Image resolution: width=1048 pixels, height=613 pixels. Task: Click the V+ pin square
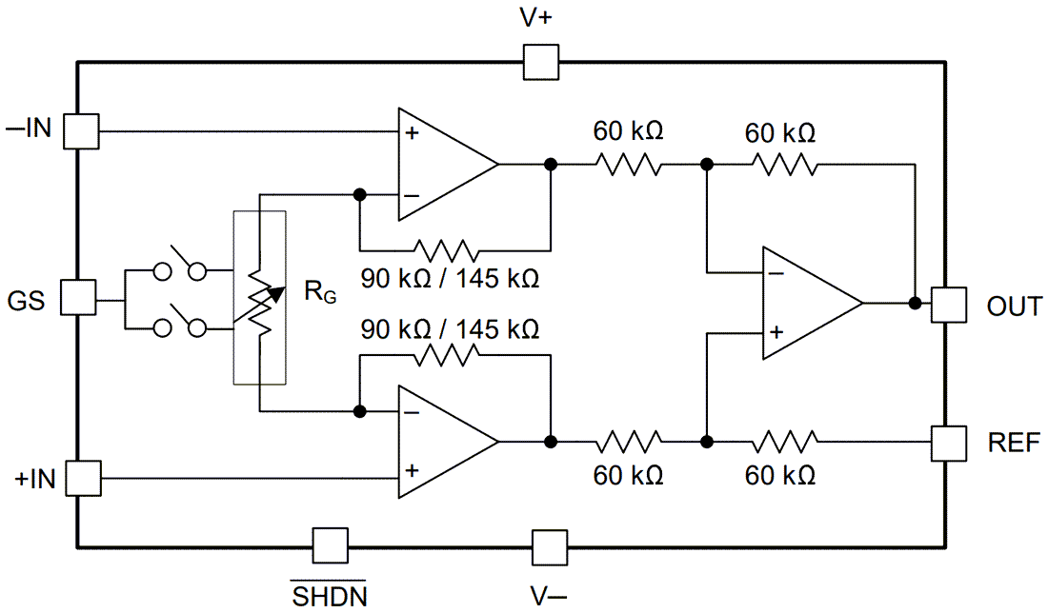(x=541, y=64)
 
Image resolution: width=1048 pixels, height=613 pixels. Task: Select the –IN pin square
(x=81, y=131)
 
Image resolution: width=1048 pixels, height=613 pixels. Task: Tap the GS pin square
(x=79, y=297)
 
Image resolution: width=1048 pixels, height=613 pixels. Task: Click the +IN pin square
(x=81, y=476)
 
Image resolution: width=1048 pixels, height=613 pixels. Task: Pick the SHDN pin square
(x=330, y=546)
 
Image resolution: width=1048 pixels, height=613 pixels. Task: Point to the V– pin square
(x=549, y=547)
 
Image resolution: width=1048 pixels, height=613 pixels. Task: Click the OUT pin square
(x=948, y=305)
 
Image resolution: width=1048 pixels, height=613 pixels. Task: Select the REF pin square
(x=949, y=441)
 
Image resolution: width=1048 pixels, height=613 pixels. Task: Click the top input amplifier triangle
(x=440, y=164)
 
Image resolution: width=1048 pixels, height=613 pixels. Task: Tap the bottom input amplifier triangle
(x=440, y=442)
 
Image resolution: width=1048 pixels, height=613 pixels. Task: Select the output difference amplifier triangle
(x=804, y=304)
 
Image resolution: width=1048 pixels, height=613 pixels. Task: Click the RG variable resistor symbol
(x=260, y=298)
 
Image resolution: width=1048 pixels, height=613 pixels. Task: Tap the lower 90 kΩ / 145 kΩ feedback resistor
(x=446, y=354)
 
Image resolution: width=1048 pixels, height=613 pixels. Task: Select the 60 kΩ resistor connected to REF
(x=784, y=441)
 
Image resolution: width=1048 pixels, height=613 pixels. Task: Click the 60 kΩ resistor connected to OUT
(x=784, y=164)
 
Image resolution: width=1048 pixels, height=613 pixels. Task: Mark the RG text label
(x=319, y=293)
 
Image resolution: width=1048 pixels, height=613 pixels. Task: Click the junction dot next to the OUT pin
(x=915, y=304)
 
